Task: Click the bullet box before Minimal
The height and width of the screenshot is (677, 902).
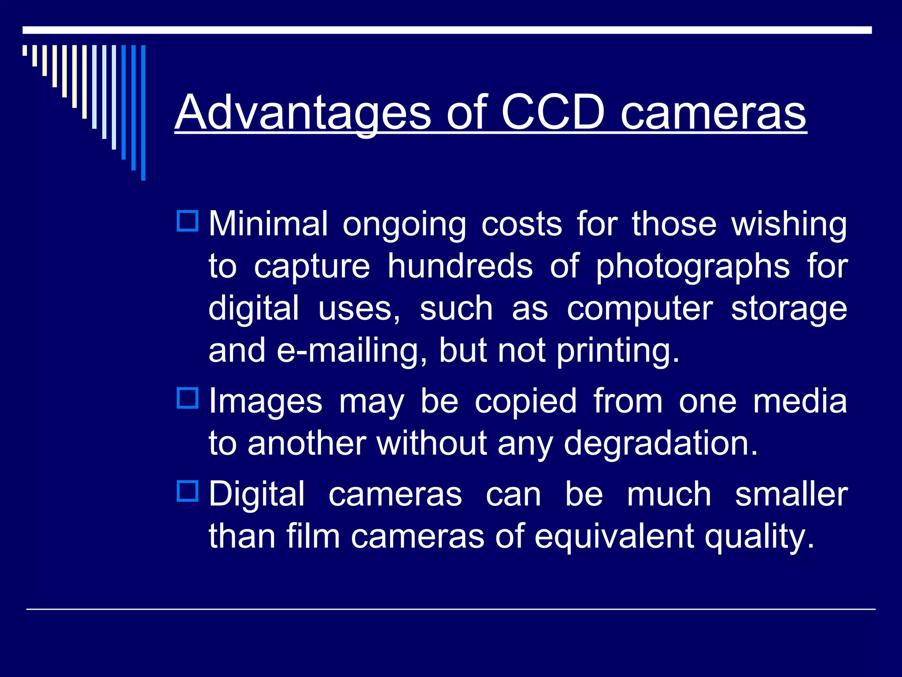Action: coord(188,221)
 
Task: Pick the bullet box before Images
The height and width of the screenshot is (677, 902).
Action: coord(188,398)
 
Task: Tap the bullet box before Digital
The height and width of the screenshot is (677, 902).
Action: coord(188,491)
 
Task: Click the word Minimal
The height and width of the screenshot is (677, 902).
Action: coord(268,224)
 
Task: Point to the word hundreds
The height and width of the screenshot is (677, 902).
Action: coord(460,266)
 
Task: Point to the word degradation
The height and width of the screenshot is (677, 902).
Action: coord(661,443)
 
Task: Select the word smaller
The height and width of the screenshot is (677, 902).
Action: coord(791,494)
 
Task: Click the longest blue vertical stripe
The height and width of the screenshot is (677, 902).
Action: coord(143,112)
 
